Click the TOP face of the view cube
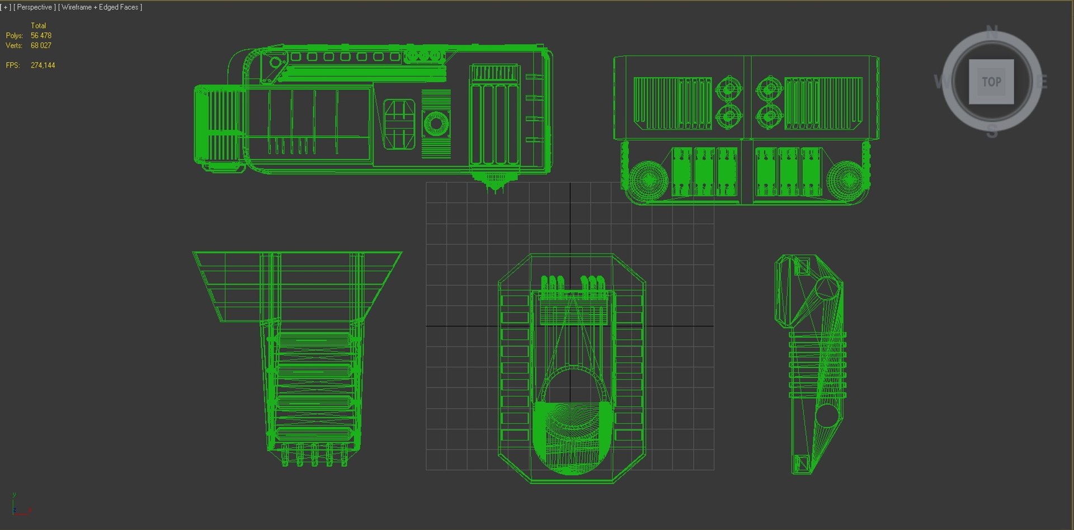coord(991,82)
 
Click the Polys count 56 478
coord(41,36)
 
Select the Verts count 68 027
coord(41,46)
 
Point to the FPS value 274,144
coord(43,65)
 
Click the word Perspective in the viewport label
coord(34,7)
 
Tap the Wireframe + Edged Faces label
coord(100,7)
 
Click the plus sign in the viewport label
coord(6,7)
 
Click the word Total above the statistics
coord(38,26)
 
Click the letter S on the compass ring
coord(992,132)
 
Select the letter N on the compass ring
coord(992,32)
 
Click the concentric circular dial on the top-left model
coord(436,124)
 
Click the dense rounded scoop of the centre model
coord(572,436)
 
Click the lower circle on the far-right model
coord(826,415)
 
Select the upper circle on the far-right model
coord(827,287)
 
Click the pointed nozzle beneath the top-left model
coord(495,182)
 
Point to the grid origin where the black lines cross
coord(570,325)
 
